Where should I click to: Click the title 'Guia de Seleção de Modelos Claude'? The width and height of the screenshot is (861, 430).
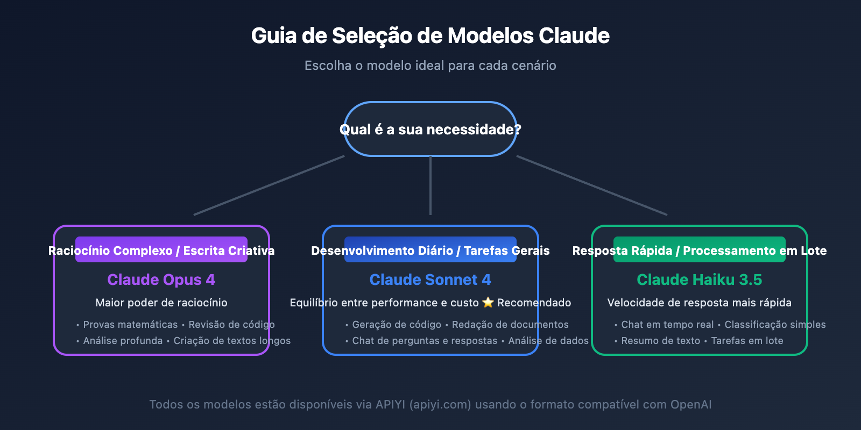click(x=430, y=36)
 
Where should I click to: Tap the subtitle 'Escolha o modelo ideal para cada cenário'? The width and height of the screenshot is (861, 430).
click(x=430, y=66)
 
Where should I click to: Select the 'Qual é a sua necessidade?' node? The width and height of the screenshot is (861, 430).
click(x=430, y=130)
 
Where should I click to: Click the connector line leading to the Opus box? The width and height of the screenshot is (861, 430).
click(x=269, y=185)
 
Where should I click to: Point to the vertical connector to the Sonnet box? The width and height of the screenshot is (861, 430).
click(x=430, y=185)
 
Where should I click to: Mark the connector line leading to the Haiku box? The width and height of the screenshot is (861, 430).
click(x=592, y=185)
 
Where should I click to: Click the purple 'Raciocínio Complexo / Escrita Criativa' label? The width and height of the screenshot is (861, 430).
click(x=161, y=250)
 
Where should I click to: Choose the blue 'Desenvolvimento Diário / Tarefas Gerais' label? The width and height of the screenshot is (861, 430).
click(x=430, y=250)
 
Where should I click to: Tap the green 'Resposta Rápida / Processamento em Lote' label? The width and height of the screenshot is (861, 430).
click(x=700, y=250)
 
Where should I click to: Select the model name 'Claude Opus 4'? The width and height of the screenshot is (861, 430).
click(x=161, y=279)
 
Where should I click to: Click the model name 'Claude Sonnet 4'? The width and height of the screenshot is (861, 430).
click(x=430, y=279)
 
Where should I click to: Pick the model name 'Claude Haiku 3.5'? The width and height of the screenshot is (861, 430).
click(x=699, y=279)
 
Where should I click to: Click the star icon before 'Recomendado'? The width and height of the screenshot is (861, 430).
click(x=488, y=303)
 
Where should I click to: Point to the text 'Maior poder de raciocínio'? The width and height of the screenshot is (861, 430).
click(x=161, y=303)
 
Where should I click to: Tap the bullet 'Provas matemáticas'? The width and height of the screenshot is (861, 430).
click(x=130, y=325)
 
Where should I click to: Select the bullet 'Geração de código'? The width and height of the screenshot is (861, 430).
click(x=397, y=325)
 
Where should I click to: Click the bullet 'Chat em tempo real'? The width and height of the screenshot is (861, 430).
click(x=667, y=325)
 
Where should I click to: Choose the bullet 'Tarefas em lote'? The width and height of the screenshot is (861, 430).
click(x=747, y=341)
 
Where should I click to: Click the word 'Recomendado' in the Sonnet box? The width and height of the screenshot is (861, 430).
click(x=534, y=303)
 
